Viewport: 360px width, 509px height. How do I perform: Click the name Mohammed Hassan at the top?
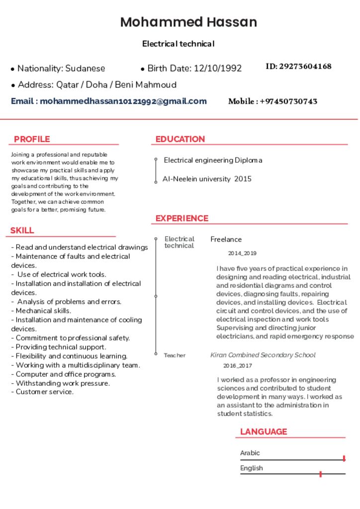coord(188,22)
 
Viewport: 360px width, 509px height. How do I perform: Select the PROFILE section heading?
coord(32,139)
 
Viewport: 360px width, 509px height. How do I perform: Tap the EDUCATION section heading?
coord(180,139)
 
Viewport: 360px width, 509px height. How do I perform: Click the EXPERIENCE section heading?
coord(181,218)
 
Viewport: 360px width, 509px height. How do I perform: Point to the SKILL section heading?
coord(22,231)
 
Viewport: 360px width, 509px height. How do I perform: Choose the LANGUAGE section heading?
coord(264,431)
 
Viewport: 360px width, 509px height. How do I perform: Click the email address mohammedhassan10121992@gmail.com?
coord(123,101)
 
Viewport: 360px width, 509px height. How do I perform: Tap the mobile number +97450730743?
coord(288,101)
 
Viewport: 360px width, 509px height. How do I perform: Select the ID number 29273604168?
coord(305,67)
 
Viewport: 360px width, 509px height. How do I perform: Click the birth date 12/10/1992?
coord(217,69)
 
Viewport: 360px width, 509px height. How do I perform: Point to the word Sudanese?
coord(85,69)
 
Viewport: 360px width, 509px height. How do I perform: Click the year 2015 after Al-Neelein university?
coord(243,179)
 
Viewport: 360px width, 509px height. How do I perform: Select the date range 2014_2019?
coord(242,254)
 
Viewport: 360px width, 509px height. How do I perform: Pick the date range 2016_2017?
coord(237,366)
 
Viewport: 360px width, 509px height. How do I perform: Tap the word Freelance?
coord(226,240)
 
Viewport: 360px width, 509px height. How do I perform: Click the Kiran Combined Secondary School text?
coord(263,355)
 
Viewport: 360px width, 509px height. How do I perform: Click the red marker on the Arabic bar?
coord(344,458)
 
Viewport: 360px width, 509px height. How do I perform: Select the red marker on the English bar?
coord(320,474)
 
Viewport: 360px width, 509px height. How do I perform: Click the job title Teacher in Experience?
coord(175,355)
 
